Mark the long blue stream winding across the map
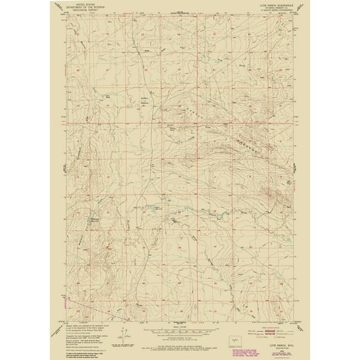pos(206,212)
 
